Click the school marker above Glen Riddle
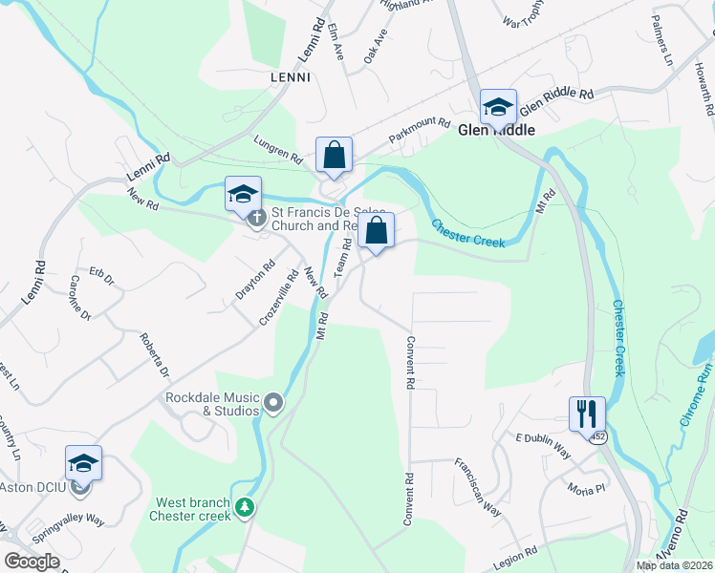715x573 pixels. [498, 106]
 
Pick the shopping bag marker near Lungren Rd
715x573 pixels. [334, 155]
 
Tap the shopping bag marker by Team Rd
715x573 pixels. [377, 231]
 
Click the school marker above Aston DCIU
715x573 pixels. [83, 464]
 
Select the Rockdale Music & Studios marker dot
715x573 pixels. [273, 404]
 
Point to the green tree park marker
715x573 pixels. [246, 507]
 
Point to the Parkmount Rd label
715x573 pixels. [419, 129]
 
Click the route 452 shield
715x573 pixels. [597, 437]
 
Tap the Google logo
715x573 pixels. [32, 561]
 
